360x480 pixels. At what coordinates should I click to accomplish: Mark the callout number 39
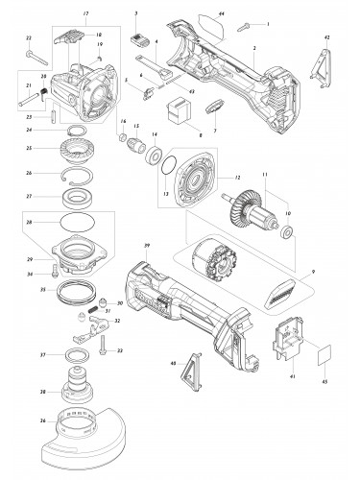146,247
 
